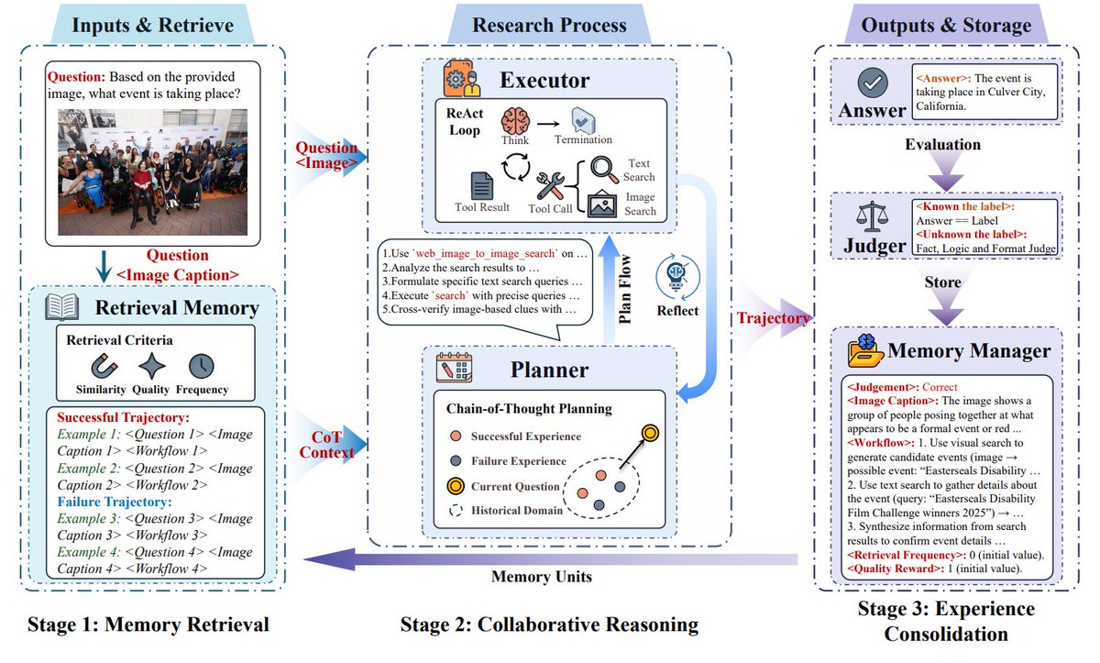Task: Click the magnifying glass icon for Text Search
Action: point(605,168)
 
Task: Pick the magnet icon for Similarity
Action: point(102,366)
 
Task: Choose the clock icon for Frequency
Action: point(201,366)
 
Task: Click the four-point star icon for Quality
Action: point(151,366)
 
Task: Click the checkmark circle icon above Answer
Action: point(872,84)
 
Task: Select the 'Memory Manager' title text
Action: point(969,350)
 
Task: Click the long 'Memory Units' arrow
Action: point(550,558)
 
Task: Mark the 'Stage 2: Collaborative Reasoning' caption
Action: point(549,625)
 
